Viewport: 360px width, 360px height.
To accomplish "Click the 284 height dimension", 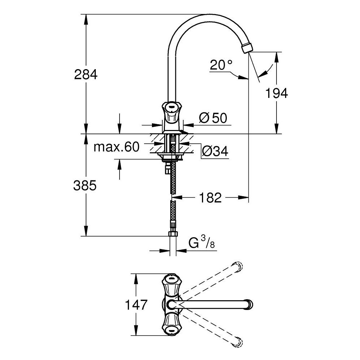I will [x=85, y=75].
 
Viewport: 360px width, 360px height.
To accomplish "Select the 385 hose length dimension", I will [x=85, y=186].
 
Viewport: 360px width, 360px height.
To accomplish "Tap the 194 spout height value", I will [x=276, y=94].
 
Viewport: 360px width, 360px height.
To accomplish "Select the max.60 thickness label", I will [x=116, y=147].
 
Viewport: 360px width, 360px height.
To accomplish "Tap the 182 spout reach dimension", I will [x=211, y=197].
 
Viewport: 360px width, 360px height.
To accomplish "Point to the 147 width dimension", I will [x=136, y=305].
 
